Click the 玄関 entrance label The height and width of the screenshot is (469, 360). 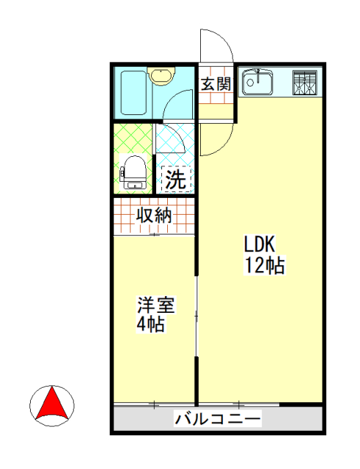coord(216,83)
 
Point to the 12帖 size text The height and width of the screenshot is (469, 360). coord(264,265)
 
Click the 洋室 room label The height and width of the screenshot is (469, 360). coord(156,303)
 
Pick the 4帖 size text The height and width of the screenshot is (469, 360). coord(150,324)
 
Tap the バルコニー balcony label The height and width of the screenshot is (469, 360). coord(217,420)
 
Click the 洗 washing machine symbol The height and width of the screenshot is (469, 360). coord(176,180)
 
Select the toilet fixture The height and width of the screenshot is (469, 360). coord(133,173)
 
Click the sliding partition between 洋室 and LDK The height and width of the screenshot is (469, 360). coord(196,315)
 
